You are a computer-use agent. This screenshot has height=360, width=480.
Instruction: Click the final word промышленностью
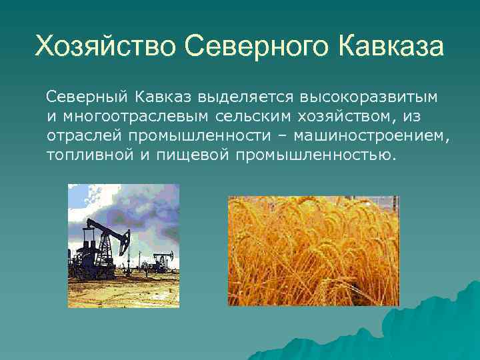pos(315,155)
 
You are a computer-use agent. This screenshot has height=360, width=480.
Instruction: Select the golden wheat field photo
pos(313,251)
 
